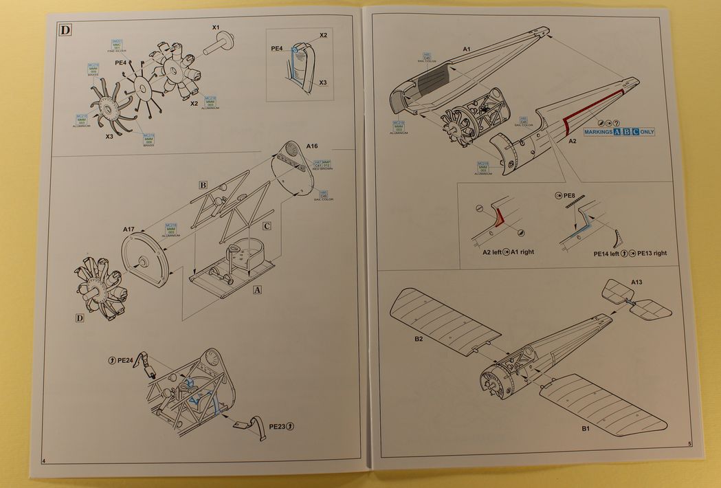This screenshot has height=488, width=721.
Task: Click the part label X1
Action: pos(215,28)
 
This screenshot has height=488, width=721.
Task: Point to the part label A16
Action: pos(311,146)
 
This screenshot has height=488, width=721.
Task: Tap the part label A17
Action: pos(131,229)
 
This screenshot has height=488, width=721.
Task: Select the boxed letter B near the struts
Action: pos(203,185)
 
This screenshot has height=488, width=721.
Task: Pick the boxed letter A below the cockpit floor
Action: pos(258,289)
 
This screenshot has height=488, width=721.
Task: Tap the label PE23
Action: pos(278,426)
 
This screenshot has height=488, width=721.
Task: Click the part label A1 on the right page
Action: pos(466,49)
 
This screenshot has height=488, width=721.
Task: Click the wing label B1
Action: pos(586,430)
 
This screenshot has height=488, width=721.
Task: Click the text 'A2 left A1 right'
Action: pos(508,252)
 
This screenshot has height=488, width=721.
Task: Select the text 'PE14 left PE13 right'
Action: pos(630,254)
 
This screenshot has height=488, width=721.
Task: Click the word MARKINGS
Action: pos(597,131)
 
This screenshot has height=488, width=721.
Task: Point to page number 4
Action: pos(43,460)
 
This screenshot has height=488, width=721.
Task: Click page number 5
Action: pos(689,443)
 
